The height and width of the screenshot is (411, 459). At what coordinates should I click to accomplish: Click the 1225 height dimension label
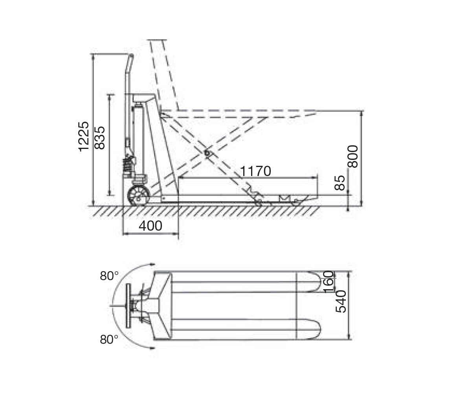(84, 136)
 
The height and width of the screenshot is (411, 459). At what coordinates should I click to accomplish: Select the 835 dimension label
(100, 138)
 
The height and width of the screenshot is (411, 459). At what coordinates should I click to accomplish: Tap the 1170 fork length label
(255, 171)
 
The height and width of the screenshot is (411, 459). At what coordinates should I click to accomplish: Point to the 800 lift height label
(353, 156)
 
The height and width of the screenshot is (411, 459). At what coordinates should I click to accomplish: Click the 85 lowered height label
(340, 183)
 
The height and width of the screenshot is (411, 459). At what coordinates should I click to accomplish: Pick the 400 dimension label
(151, 226)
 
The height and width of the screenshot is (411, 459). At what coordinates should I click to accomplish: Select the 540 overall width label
(341, 301)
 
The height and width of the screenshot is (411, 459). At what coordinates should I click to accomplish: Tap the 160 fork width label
(329, 282)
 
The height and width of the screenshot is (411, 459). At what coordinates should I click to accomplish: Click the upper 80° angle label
(109, 276)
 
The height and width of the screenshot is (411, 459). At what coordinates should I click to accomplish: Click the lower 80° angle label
(109, 339)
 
